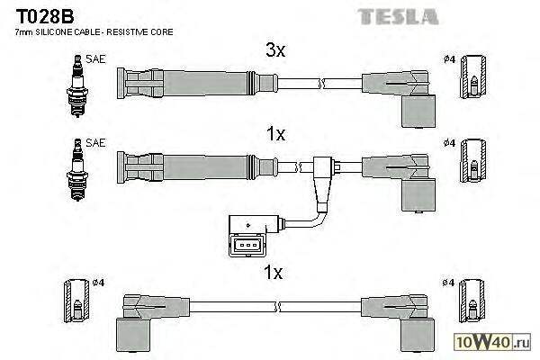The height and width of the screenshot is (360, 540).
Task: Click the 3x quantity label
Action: tap(274, 51)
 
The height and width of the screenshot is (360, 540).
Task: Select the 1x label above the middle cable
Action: tap(274, 135)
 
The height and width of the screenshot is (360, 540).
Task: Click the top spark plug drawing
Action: tap(76, 78)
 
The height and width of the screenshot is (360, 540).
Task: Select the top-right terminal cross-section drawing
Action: tap(472, 78)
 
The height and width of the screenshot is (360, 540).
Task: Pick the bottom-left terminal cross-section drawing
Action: tap(76, 303)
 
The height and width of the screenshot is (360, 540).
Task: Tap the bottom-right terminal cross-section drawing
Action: tap(472, 303)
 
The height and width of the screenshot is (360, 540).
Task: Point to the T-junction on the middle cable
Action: tap(325, 169)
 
